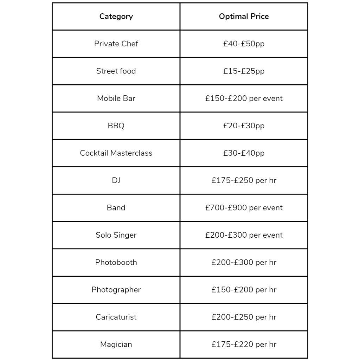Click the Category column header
tap(116, 17)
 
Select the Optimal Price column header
tap(244, 17)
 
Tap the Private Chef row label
tap(116, 44)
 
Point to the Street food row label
tap(116, 71)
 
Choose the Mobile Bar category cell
tap(116, 98)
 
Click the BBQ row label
tap(116, 126)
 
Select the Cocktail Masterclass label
tap(116, 153)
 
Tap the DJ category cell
tap(116, 180)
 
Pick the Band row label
tap(116, 208)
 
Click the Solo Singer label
tap(116, 235)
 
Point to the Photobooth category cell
tap(116, 262)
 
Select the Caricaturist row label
tap(116, 317)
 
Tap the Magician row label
tap(116, 345)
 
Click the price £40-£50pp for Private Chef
tap(244, 44)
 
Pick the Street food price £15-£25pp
tap(244, 71)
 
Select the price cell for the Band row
tap(244, 208)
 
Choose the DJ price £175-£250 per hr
tap(244, 180)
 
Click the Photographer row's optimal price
tap(244, 290)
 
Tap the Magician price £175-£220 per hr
tap(244, 345)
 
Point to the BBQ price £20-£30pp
tap(244, 126)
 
